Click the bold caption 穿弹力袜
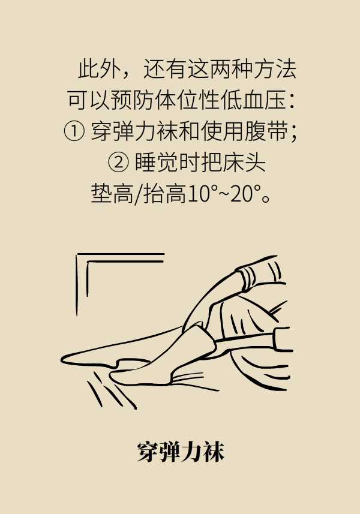pyautogui.click(x=181, y=452)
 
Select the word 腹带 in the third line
pyautogui.click(x=266, y=131)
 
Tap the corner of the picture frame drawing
pyautogui.click(x=78, y=254)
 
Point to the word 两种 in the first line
pyautogui.click(x=231, y=69)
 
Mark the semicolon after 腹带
pyautogui.click(x=293, y=134)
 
